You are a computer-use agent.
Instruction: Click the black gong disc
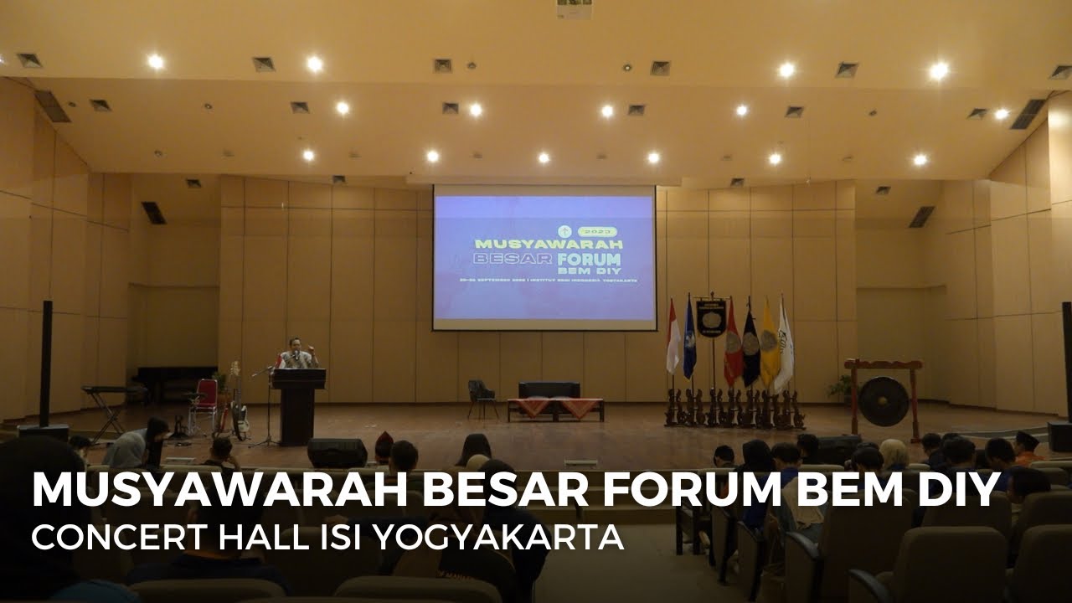[883, 401]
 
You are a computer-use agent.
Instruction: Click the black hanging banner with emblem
[711, 318]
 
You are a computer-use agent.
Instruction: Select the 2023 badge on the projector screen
[600, 230]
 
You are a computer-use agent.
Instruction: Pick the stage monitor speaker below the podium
[337, 452]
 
